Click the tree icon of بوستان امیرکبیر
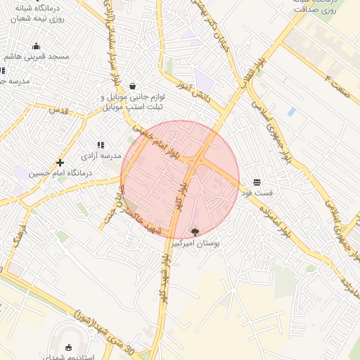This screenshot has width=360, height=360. click(x=195, y=231)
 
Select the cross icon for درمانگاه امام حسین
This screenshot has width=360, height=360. click(x=60, y=162)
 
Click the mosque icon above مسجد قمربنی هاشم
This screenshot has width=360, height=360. click(x=37, y=46)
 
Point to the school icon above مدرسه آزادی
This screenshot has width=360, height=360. click(x=100, y=144)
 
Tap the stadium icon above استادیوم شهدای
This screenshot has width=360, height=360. click(x=68, y=347)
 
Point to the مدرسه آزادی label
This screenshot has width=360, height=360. click(x=101, y=155)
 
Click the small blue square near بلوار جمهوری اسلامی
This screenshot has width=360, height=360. click(x=291, y=112)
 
